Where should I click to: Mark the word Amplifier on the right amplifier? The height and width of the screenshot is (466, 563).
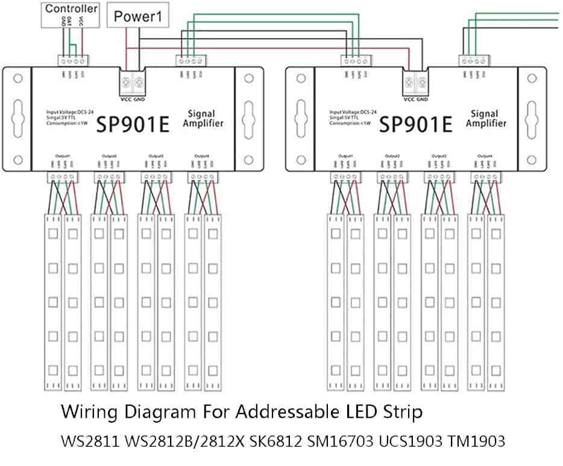point(485,124)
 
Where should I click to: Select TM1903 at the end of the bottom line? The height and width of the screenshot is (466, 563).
point(476,442)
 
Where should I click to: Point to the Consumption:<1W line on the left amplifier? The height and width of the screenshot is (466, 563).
point(67,123)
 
